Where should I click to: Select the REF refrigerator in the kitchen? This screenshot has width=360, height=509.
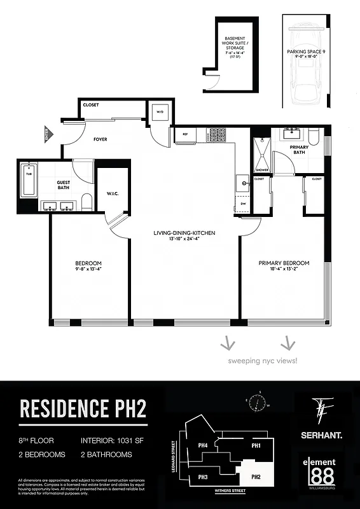click(185, 134)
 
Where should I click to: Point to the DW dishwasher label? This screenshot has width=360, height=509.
click(243, 204)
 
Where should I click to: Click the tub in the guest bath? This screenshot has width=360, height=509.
click(27, 180)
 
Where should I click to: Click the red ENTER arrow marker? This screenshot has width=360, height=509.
click(46, 134)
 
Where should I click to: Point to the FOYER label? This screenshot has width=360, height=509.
click(100, 138)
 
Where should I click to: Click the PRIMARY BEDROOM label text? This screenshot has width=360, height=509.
click(284, 263)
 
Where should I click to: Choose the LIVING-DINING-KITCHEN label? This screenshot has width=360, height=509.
click(184, 233)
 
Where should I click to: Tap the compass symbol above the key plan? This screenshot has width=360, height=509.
click(258, 403)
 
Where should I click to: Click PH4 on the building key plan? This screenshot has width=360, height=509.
click(204, 445)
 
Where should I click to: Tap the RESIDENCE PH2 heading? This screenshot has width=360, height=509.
click(83, 408)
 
